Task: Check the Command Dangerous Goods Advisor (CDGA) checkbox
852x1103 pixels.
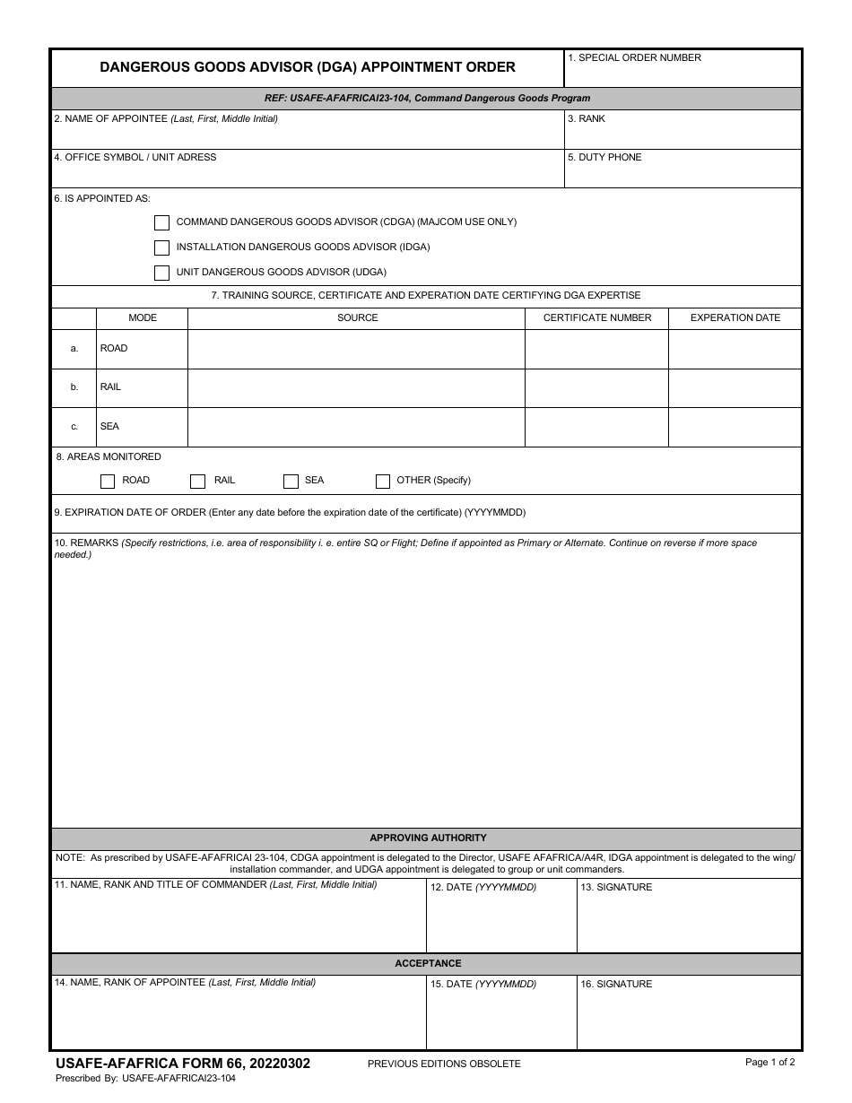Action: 161,222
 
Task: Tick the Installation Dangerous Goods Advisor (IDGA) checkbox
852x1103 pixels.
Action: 161,248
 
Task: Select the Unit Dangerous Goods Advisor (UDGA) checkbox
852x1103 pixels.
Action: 161,273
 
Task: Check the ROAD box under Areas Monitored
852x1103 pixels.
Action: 108,482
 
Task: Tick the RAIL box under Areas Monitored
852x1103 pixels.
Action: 198,482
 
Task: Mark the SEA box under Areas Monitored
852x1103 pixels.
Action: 291,482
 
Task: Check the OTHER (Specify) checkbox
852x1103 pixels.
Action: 383,482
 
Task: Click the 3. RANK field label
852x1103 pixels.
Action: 586,119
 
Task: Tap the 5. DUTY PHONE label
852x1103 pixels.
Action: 604,158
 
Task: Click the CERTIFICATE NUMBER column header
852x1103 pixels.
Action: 597,318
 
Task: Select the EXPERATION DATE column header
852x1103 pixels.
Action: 735,318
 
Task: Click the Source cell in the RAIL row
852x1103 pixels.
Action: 356,388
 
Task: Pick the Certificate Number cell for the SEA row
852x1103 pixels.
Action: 596,428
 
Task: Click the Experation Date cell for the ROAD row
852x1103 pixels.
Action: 735,350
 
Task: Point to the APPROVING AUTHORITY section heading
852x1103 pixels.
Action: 428,838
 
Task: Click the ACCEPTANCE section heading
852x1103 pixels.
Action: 428,964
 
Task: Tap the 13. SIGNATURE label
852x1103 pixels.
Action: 616,888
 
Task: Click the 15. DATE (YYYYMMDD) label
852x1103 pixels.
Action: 483,985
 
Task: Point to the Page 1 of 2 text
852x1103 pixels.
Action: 769,1063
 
